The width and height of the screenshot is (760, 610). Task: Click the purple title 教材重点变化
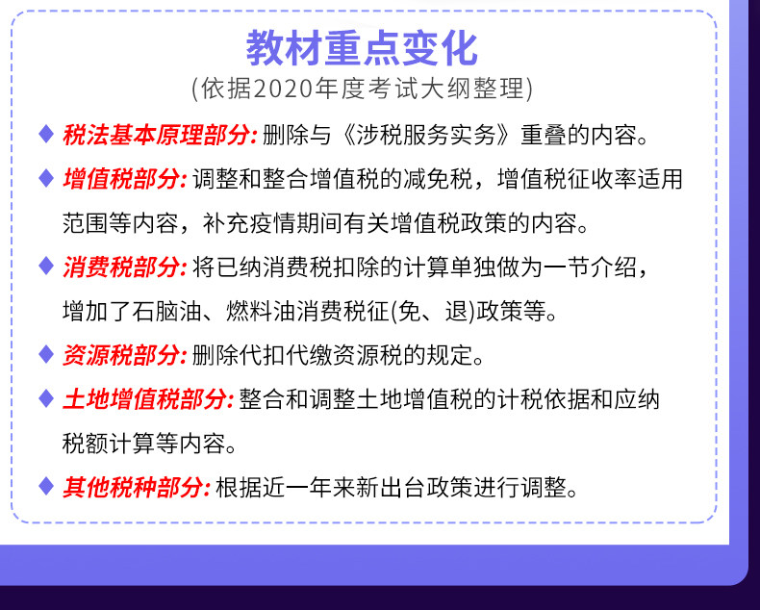(362, 48)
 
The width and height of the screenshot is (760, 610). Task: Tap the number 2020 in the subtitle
(282, 89)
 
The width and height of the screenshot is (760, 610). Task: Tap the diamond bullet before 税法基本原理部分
(46, 134)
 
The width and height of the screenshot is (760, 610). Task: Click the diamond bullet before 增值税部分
(46, 178)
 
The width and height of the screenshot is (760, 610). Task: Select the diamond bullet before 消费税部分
(46, 267)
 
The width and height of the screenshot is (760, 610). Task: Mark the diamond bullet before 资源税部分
(46, 354)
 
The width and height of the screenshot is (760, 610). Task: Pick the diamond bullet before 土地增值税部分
(46, 398)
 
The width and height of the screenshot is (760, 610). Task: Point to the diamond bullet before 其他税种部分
(46, 487)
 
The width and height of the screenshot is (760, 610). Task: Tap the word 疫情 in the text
(273, 223)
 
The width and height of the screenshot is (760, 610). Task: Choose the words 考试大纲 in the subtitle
(419, 89)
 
